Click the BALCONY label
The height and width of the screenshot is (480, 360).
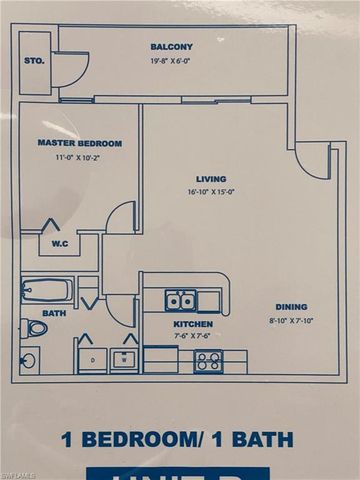(x=172, y=46)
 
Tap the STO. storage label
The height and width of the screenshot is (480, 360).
(x=33, y=61)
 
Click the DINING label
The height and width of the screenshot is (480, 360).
(x=291, y=307)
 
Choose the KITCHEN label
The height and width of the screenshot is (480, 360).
(x=193, y=324)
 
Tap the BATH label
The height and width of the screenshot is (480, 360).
(x=54, y=313)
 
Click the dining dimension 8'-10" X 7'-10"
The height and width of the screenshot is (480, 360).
(x=291, y=320)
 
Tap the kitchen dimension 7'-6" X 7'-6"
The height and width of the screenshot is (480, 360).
(x=193, y=336)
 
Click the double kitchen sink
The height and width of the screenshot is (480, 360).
(x=181, y=300)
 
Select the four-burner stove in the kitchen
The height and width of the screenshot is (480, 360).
(x=209, y=361)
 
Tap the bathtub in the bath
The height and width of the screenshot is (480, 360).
(x=46, y=290)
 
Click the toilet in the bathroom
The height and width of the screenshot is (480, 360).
(x=34, y=327)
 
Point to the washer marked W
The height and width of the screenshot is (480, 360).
(x=124, y=359)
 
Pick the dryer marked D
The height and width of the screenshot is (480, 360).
(x=92, y=359)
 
